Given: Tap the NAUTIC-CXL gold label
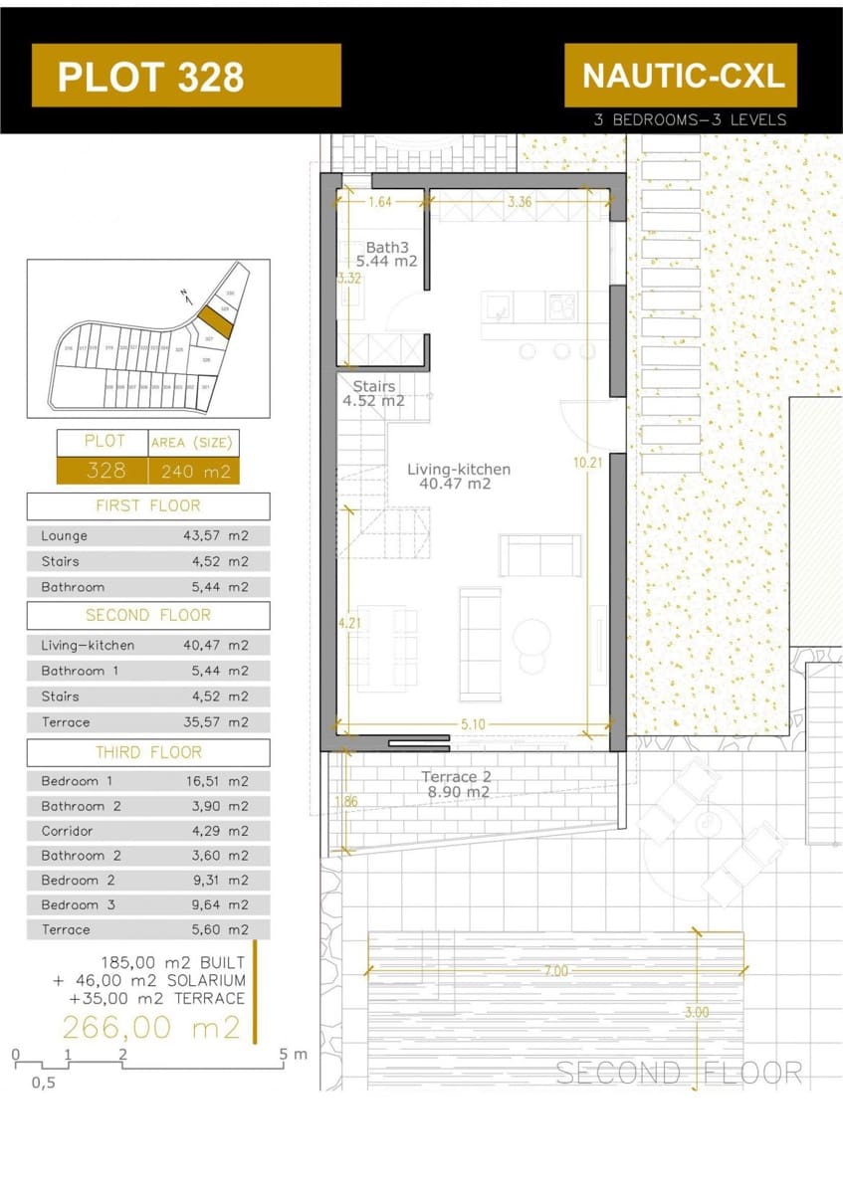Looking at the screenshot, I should click(x=682, y=75).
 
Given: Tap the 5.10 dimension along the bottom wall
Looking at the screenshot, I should click(x=473, y=724).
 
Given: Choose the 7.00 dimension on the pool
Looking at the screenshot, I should click(x=555, y=971).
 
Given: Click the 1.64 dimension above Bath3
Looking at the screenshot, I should click(x=380, y=202).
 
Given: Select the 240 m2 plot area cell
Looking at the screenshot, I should click(x=194, y=471).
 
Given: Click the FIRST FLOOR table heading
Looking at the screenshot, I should click(x=147, y=505).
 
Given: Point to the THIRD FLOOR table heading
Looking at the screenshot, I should click(x=147, y=752).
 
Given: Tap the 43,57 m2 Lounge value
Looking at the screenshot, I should click(x=216, y=536).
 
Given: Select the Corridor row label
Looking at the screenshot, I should click(x=68, y=831).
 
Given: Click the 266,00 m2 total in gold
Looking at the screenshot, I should click(x=151, y=1027).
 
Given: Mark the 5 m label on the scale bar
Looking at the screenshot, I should click(x=293, y=1054).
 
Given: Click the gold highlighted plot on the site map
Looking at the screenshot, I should click(x=213, y=321).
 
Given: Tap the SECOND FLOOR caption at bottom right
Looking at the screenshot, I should click(x=679, y=1073).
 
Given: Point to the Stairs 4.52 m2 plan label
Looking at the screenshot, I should click(x=378, y=394).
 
